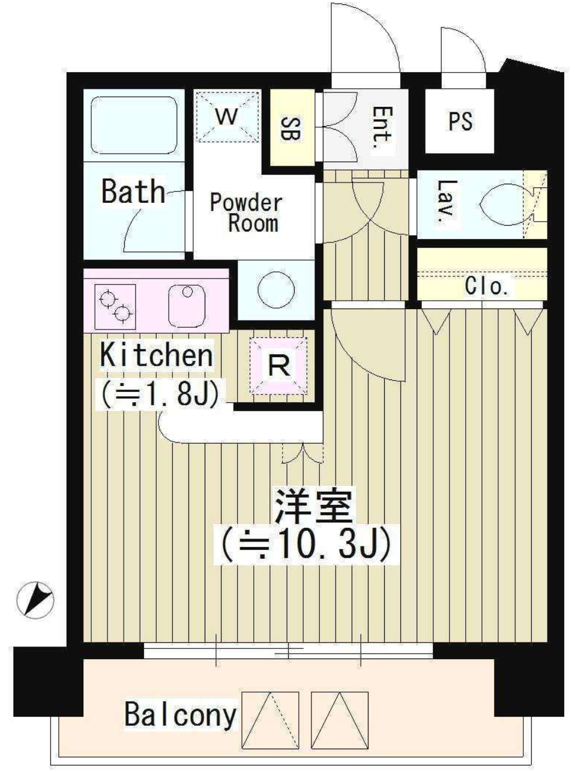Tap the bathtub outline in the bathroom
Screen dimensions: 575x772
[x=134, y=125]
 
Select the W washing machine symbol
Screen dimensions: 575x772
[x=227, y=116]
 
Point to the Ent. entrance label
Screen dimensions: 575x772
[x=382, y=127]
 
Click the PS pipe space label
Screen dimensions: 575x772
[x=460, y=121]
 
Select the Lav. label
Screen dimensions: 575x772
[x=445, y=201]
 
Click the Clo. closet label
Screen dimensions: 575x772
[x=486, y=286]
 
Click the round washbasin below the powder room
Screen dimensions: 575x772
[x=276, y=289]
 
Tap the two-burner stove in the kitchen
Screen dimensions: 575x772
[x=115, y=306]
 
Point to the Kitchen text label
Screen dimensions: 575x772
[x=157, y=355]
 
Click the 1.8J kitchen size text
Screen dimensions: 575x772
[x=160, y=394]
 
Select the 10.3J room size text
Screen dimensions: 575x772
[x=306, y=549]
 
